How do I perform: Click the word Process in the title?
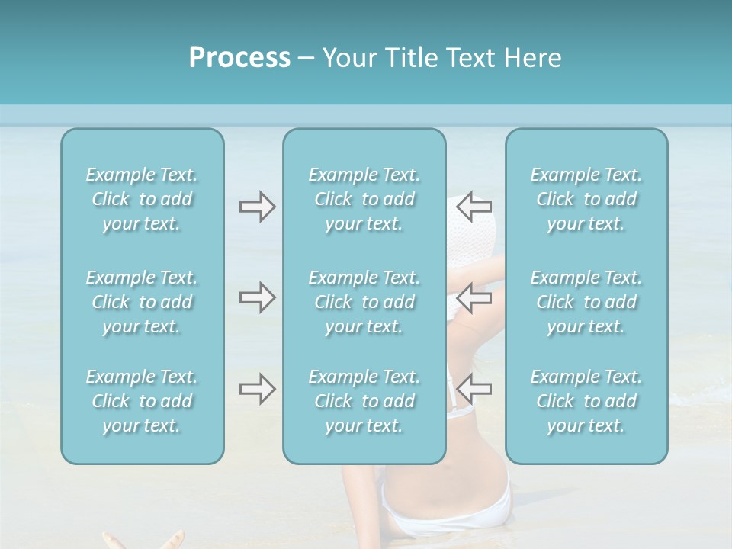pyautogui.click(x=239, y=58)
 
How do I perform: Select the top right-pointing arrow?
pyautogui.click(x=257, y=207)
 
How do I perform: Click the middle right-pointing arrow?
pyautogui.click(x=257, y=297)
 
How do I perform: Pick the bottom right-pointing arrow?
pyautogui.click(x=257, y=389)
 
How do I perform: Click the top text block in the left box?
pyautogui.click(x=142, y=199)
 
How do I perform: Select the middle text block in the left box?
pyautogui.click(x=142, y=302)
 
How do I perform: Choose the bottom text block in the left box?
pyautogui.click(x=142, y=401)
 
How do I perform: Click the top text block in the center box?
pyautogui.click(x=364, y=199)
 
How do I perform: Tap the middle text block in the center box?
pyautogui.click(x=364, y=302)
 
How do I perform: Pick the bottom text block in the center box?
pyautogui.click(x=364, y=401)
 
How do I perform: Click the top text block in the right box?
pyautogui.click(x=586, y=199)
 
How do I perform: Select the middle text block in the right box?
pyautogui.click(x=586, y=302)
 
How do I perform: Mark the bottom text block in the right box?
pyautogui.click(x=586, y=401)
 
